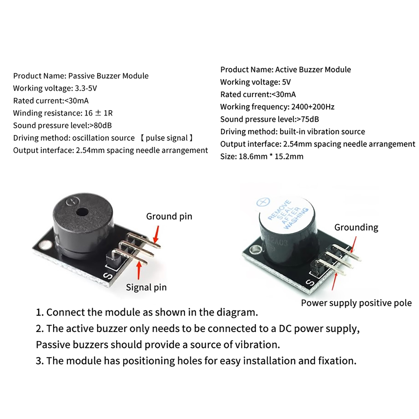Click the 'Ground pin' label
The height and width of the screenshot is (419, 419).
(x=169, y=217)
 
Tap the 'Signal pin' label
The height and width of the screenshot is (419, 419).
(x=146, y=287)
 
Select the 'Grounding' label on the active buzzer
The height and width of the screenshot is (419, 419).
(x=356, y=227)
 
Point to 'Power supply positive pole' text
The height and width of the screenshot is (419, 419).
(x=356, y=303)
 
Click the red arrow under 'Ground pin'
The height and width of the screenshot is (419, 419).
(x=157, y=235)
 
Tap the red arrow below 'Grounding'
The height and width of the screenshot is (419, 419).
(x=354, y=245)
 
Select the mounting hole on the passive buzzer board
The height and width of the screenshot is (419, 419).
(x=43, y=245)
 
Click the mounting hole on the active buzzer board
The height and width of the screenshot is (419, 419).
(x=254, y=250)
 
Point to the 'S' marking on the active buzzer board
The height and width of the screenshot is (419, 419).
(x=310, y=283)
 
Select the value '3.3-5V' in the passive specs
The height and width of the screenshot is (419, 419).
(x=86, y=88)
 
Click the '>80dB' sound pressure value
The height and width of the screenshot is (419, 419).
(x=101, y=125)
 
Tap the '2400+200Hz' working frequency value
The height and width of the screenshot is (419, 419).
(x=313, y=107)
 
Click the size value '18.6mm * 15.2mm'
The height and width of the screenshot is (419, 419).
(x=270, y=157)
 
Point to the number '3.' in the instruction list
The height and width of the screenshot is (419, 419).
(x=40, y=361)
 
